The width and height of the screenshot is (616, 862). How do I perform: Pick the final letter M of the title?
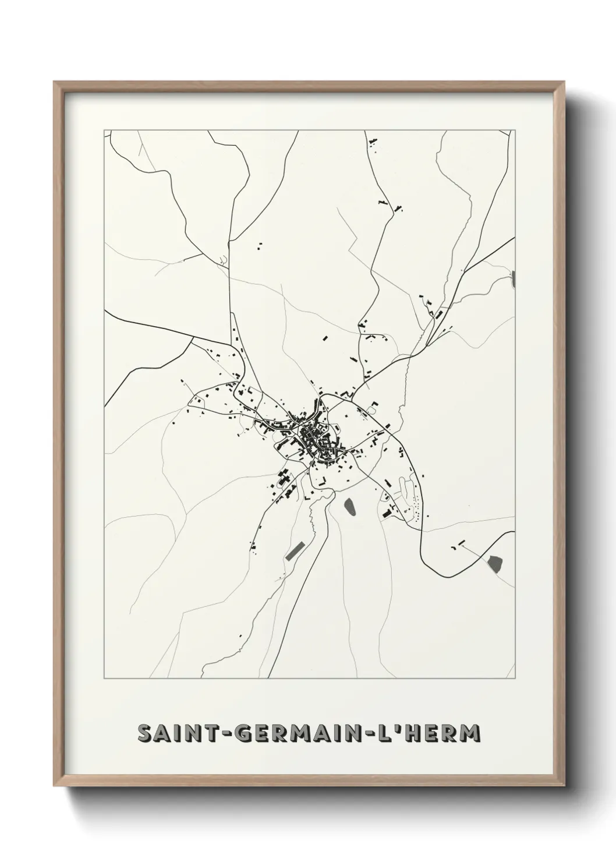coord(469,733)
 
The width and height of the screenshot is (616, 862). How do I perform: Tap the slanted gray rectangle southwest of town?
coord(296,550)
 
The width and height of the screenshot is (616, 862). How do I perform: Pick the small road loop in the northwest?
coord(223,260)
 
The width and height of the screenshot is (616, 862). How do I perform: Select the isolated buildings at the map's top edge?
coord(372,142)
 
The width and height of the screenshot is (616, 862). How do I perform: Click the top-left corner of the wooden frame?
coord(54,82)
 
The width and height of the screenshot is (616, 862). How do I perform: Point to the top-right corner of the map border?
coord(515,130)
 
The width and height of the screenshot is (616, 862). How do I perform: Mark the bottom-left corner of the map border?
coord(104,679)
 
